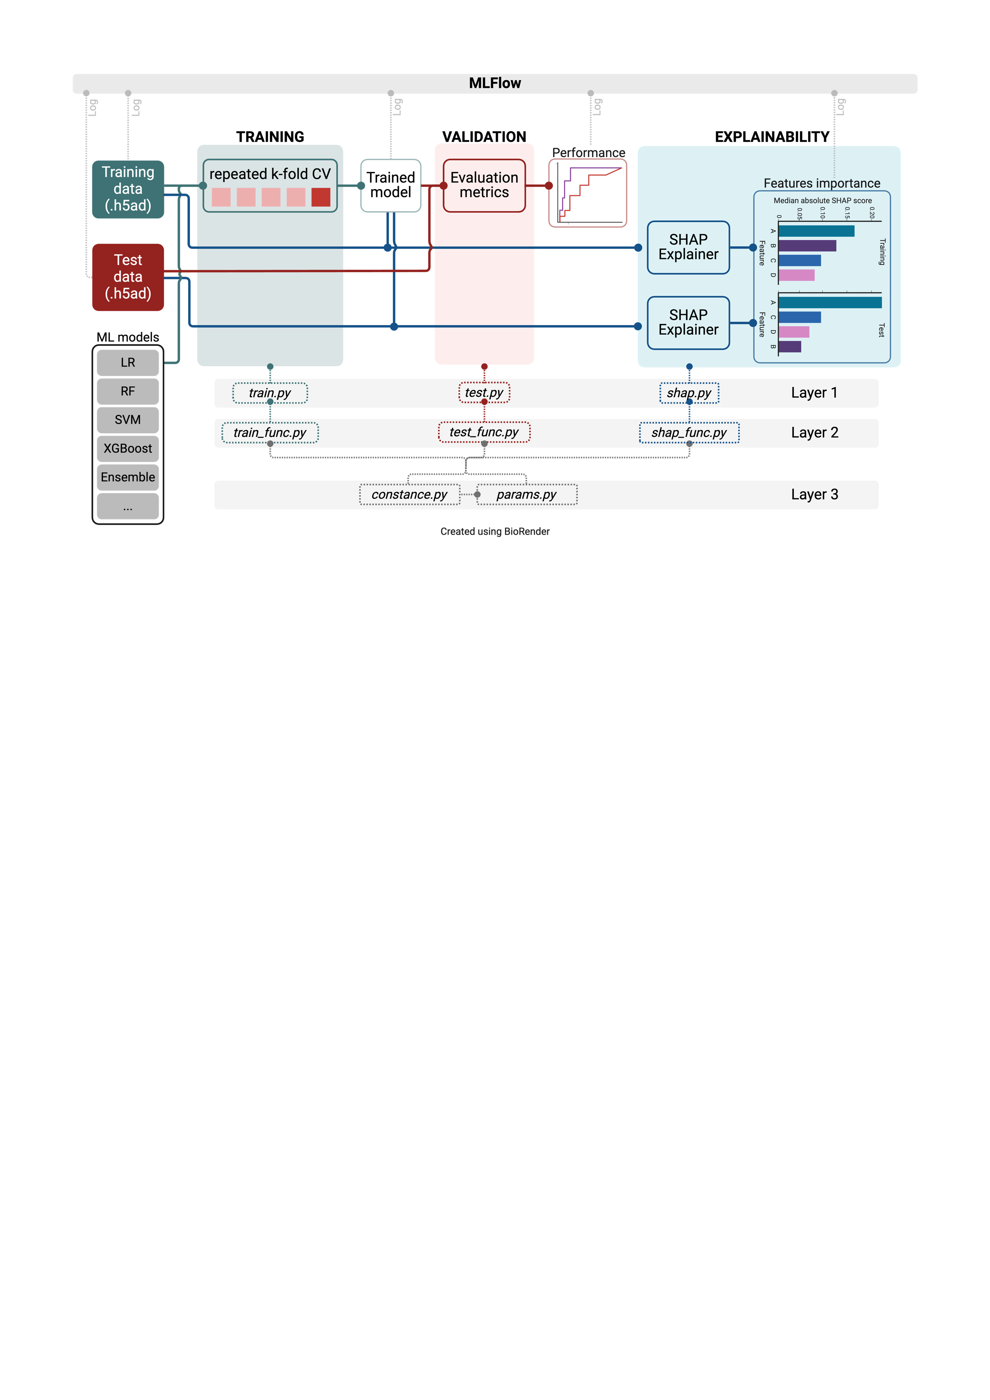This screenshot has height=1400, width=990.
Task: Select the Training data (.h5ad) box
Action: point(128,189)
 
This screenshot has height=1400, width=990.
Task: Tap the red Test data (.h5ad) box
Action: point(128,277)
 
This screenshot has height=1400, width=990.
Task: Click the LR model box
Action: point(128,363)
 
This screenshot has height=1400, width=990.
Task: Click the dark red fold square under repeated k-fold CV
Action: point(321,197)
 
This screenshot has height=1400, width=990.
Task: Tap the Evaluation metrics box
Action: point(484,186)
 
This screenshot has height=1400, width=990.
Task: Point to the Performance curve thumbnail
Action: point(588,193)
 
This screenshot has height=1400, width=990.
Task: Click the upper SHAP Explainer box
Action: point(688,247)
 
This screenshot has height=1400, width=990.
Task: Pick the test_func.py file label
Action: point(484,432)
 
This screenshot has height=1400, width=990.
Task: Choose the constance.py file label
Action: point(410,494)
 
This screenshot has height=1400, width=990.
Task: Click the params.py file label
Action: point(527,494)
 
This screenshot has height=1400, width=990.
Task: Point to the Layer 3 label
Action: point(814,494)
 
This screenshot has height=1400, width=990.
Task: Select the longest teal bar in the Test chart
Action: point(830,302)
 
